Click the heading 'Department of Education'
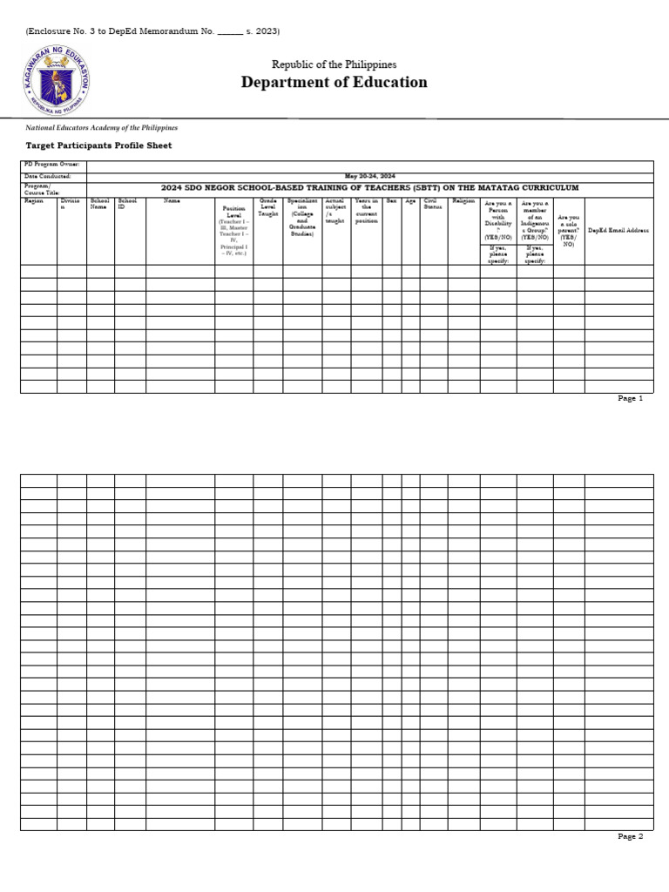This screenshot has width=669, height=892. coord(334,83)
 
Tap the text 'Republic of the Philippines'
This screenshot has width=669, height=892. coord(334,64)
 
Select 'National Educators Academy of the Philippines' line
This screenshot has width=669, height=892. coord(101,127)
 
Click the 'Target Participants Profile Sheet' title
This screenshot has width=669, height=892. coord(98,145)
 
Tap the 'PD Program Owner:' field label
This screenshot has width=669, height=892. coord(51,164)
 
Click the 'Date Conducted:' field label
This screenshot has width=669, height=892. coord(48,176)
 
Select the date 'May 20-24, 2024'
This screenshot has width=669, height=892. coord(369,176)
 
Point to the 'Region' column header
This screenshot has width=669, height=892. coord(34,201)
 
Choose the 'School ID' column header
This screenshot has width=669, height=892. coord(127,204)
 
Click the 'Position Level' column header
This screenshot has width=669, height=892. coord(233,213)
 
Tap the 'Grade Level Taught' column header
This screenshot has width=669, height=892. coord(267,206)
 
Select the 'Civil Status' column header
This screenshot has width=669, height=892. coord(432,204)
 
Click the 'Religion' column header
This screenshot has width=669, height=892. coord(463,201)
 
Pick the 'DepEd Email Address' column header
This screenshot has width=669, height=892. coord(618,231)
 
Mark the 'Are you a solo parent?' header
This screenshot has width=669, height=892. coord(568,231)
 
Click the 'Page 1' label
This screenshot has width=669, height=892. coord(630,398)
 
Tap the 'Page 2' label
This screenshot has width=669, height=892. coord(630,836)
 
